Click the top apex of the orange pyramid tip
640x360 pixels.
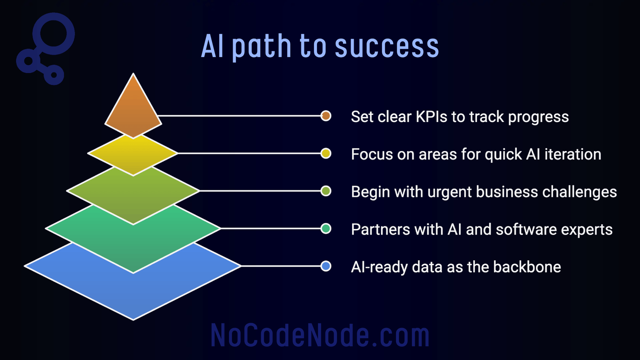pyautogui.click(x=133, y=73)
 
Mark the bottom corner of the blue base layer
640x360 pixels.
pyautogui.click(x=133, y=320)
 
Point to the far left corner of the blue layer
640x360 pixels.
pyautogui.click(x=25, y=266)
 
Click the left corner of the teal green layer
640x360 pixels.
pyautogui.click(x=46, y=228)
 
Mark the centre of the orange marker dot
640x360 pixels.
pyautogui.click(x=326, y=116)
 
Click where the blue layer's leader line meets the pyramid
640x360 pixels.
pyautogui.click(x=241, y=266)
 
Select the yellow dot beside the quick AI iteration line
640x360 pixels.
pyautogui.click(x=326, y=154)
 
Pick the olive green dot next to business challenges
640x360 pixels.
pyautogui.click(x=326, y=191)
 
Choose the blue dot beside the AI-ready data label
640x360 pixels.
pyautogui.click(x=326, y=266)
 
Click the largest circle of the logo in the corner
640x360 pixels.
pyautogui.click(x=54, y=34)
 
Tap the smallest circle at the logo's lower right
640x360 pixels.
pyautogui.click(x=54, y=75)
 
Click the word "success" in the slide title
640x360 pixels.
pyautogui.click(x=387, y=47)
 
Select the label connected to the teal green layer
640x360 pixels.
pyautogui.click(x=482, y=229)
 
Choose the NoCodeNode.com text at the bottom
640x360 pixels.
pyautogui.click(x=320, y=335)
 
